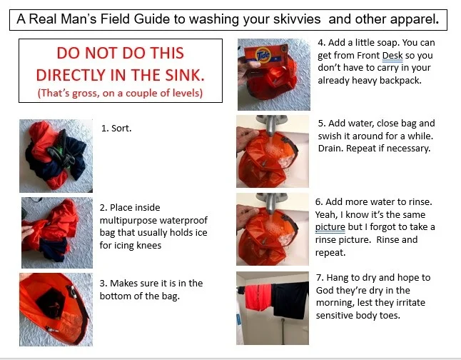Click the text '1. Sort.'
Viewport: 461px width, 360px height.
[x=116, y=129]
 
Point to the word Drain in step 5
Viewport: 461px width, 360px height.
[x=331, y=149]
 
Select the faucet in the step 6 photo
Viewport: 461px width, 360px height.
[x=273, y=201]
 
